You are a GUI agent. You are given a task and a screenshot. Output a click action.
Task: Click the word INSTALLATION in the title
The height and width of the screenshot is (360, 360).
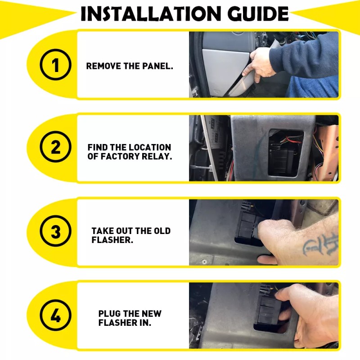click(151, 13)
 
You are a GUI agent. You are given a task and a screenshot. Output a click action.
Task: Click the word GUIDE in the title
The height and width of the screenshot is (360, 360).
click(258, 13)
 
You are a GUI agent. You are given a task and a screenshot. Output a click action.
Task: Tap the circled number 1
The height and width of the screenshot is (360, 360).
click(55, 64)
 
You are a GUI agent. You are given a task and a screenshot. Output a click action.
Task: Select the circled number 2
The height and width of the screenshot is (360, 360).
click(55, 147)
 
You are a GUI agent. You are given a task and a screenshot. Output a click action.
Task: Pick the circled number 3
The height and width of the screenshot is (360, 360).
click(55, 231)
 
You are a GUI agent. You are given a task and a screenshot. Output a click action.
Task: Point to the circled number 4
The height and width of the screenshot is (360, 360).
click(55, 315)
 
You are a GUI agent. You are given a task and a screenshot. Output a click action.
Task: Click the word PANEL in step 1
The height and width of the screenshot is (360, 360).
click(157, 66)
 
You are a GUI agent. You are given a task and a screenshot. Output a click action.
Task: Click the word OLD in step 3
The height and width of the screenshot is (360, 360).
click(162, 231)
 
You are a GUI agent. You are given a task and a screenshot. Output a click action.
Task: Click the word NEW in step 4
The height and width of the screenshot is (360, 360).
click(152, 314)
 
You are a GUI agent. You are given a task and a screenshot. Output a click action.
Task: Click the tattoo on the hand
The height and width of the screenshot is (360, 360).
click(321, 244)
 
